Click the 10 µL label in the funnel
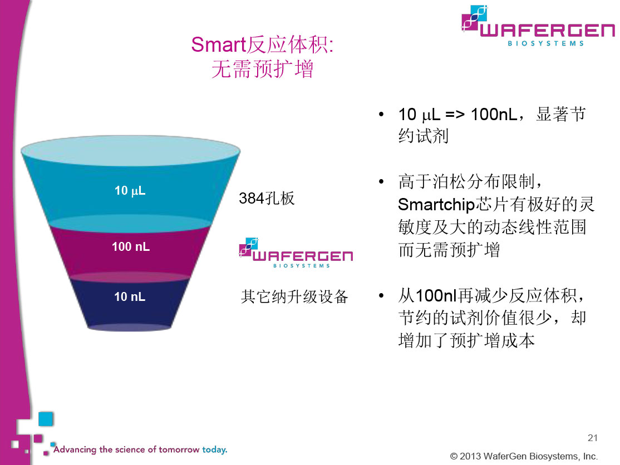coord(130,191)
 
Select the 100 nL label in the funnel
coord(131,246)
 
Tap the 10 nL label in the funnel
coord(130,296)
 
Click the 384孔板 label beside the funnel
coord(267,198)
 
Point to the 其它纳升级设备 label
coord(294,296)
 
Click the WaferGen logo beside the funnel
coord(296,253)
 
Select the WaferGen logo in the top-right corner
coord(538,26)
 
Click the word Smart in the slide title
coord(219,44)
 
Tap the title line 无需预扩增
coord(263,69)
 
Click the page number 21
coord(592,438)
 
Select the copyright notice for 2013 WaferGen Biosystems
coord(524,456)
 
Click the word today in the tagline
coord(215,449)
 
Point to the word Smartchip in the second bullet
coord(436,205)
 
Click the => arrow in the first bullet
coord(455,115)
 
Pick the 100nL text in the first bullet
coord(494,115)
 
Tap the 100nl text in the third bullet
coord(436,295)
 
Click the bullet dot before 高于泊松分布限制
coord(381,182)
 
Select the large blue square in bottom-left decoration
coord(46,419)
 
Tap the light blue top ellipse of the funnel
coord(130,151)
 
